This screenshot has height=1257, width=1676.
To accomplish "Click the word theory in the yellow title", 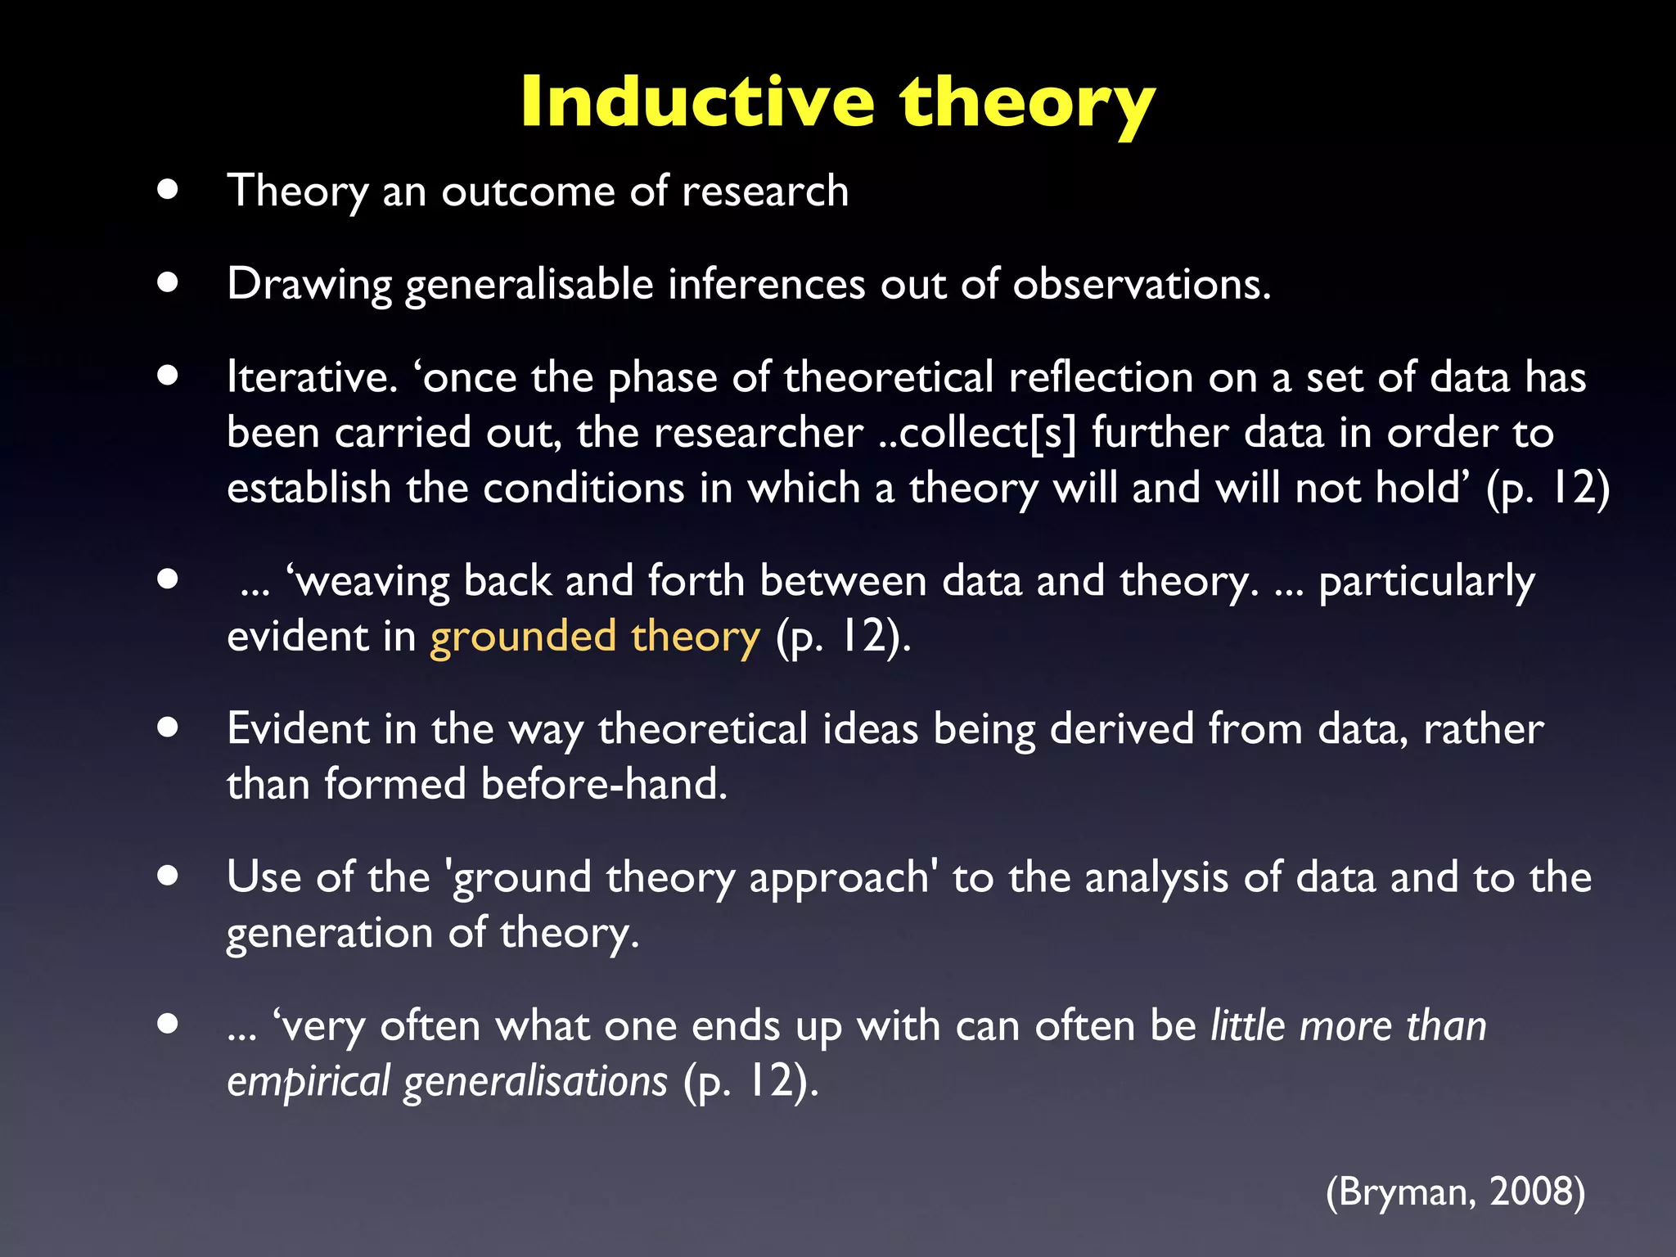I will [x=1027, y=103].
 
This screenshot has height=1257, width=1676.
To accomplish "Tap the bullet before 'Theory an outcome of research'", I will [x=168, y=190].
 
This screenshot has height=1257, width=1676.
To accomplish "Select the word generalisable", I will [x=529, y=285].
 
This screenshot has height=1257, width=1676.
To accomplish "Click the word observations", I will [x=1141, y=284].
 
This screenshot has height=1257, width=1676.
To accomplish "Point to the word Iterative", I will [x=312, y=377].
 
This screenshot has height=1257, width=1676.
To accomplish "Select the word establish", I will [x=309, y=488].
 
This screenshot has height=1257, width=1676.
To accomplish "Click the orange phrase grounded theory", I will [x=595, y=637].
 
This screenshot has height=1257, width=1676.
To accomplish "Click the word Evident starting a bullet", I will [x=299, y=728].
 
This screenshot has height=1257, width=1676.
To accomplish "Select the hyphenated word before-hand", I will [x=603, y=784].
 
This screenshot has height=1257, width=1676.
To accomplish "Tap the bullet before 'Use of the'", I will [x=168, y=876].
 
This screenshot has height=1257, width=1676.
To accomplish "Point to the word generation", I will [x=329, y=933].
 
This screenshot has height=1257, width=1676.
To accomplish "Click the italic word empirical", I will [x=308, y=1081].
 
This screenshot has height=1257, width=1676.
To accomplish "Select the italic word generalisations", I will [x=535, y=1081].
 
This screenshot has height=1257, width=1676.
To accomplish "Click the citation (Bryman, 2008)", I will [x=1455, y=1192].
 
